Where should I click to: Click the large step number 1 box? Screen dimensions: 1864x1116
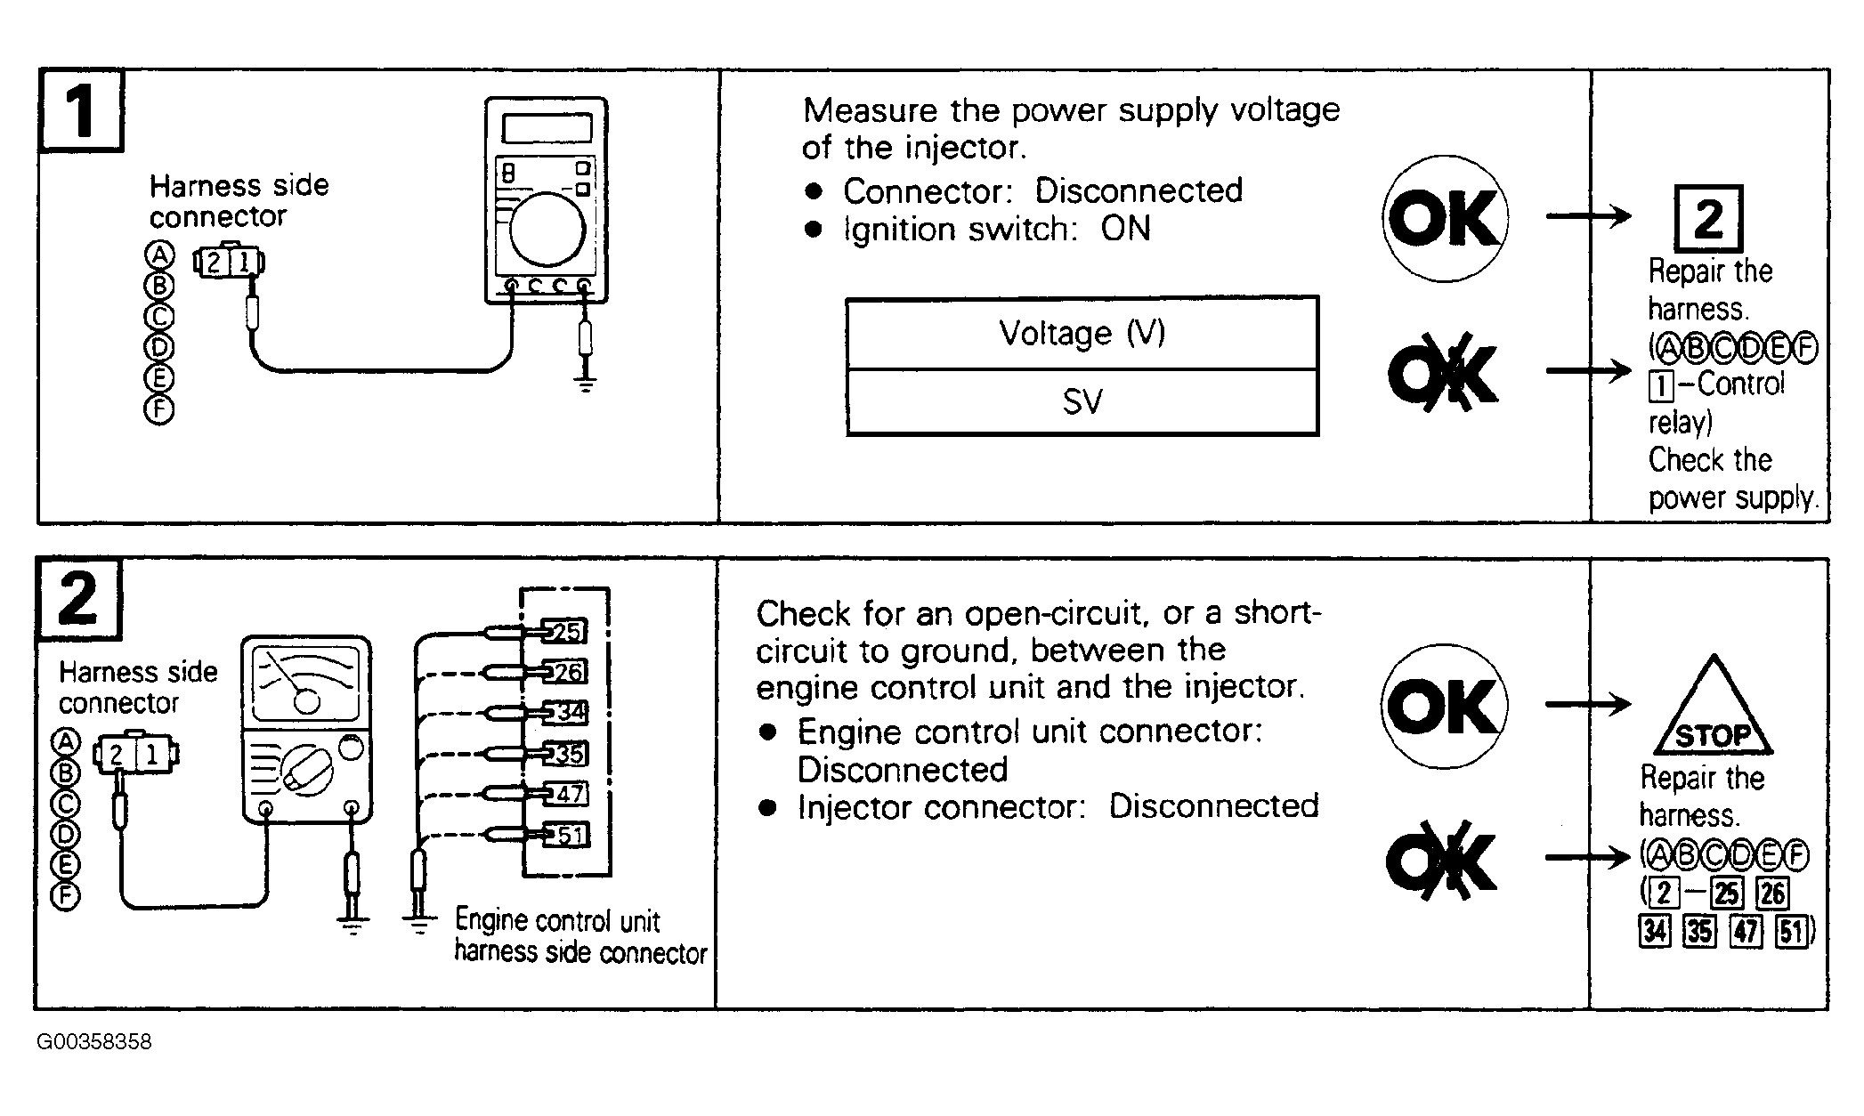(80, 110)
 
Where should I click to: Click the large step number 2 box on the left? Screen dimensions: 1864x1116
(78, 599)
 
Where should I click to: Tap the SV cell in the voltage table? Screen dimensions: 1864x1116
(1082, 402)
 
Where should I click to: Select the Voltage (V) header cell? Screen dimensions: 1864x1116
(1082, 334)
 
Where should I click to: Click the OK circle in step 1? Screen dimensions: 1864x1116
(1445, 218)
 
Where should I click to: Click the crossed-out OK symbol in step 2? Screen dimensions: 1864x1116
(1443, 860)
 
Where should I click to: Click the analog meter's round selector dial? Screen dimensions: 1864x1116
(307, 769)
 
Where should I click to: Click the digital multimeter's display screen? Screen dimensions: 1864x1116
(547, 128)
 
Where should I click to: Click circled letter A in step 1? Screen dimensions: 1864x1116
(159, 256)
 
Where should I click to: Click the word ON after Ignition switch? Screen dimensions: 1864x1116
(1125, 230)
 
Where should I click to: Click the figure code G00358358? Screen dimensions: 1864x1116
(94, 1041)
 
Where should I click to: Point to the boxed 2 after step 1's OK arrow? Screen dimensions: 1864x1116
(1708, 219)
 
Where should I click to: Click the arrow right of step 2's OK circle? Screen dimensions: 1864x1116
(1588, 705)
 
